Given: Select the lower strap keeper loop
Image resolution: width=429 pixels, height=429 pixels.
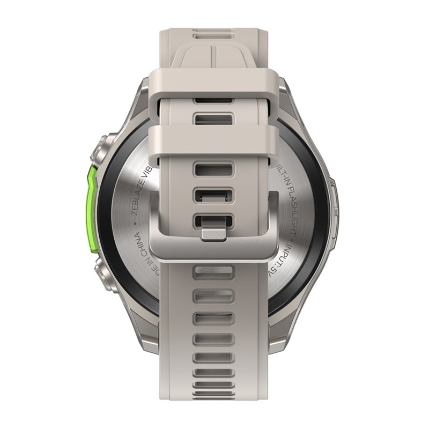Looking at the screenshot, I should [x=214, y=141].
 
